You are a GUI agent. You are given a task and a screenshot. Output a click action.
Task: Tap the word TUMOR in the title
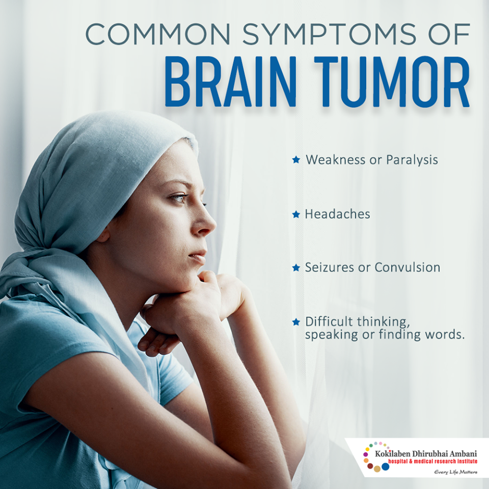coord(392,81)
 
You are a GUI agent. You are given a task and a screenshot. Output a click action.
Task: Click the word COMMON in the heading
coord(157,34)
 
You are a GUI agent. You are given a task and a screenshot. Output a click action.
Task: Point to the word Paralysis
coord(412,160)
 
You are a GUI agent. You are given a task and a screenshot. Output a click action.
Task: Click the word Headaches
coord(337,214)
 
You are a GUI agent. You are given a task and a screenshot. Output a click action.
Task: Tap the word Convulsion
coord(407,267)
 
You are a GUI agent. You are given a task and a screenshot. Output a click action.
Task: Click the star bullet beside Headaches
coord(296,214)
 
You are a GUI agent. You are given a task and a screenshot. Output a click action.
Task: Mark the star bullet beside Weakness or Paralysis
coord(296,160)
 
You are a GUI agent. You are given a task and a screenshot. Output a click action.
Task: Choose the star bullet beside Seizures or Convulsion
coord(296,268)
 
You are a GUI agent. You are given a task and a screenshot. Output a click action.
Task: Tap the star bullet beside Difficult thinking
coord(296,322)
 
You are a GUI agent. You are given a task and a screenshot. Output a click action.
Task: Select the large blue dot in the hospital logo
coord(386,467)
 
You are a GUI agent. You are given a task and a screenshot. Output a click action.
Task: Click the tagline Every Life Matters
coord(455,472)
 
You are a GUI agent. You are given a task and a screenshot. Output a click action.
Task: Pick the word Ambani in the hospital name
coord(464,453)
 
